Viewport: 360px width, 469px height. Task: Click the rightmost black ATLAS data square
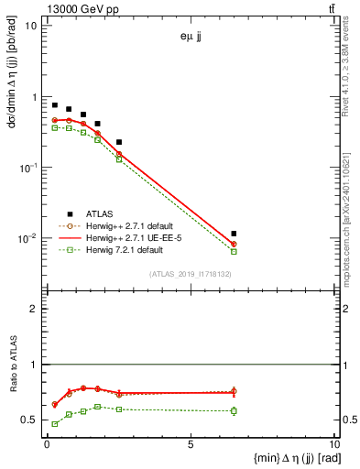[234, 234]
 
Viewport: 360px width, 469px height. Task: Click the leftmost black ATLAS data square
[55, 105]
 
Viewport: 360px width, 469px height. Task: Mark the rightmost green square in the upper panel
[234, 251]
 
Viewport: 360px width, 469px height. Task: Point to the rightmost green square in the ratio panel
[234, 410]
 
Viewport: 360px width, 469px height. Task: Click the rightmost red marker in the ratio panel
[234, 392]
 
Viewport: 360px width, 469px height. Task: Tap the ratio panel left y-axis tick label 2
[35, 309]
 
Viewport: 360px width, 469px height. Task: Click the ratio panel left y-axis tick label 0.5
[30, 420]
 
